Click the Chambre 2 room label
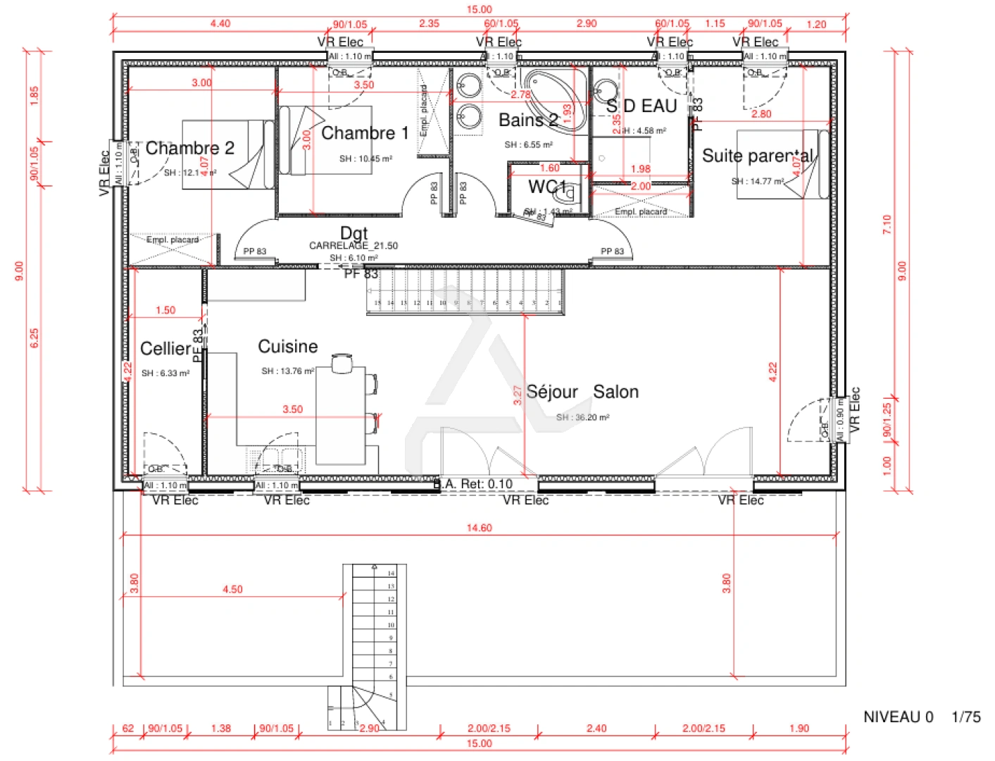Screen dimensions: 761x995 [189, 148]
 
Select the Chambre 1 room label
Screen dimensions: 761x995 [365, 133]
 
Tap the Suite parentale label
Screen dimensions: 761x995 [758, 156]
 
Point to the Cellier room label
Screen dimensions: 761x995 [165, 349]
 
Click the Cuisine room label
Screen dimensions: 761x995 [287, 347]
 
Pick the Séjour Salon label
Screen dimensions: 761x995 [582, 392]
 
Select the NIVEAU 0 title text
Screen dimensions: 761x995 [898, 717]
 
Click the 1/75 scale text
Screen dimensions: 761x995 [965, 717]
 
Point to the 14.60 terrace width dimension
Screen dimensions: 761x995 [479, 528]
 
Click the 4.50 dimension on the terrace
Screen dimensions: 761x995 [232, 589]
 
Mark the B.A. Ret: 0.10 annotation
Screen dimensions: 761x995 [473, 484]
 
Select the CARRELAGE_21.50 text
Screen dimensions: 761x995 [353, 246]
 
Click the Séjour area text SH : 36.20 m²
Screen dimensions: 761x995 [582, 417]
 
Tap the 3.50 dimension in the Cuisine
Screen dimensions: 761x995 [292, 409]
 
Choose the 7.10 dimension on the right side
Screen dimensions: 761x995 [887, 224]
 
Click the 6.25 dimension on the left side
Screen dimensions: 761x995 [35, 338]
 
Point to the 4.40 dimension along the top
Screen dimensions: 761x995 [220, 23]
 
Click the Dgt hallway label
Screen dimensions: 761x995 [353, 233]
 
